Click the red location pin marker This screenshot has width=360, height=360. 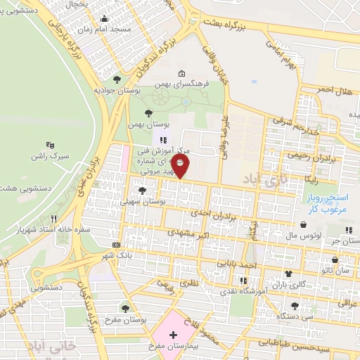[181, 167]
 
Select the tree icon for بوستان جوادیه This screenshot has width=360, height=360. [117, 79]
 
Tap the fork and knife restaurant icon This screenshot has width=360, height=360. [53, 219]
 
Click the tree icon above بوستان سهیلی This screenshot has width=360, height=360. [143, 191]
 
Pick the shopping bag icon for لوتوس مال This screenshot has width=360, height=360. [303, 225]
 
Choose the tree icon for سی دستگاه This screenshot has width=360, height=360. [293, 306]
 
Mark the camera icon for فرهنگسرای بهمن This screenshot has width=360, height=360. [182, 73]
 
